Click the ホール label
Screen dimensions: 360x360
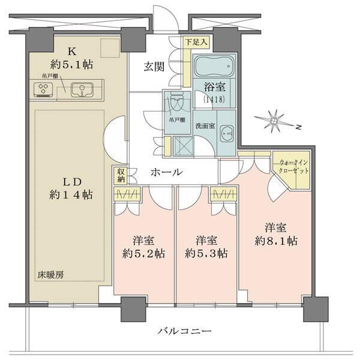pos(166,172)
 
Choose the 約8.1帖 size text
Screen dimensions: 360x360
pos(275,241)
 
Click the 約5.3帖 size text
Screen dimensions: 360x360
pos(206,253)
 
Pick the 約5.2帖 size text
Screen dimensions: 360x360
pos(143,253)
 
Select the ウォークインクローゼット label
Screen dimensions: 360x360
pos(295,167)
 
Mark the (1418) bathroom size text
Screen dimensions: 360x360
pos(214,100)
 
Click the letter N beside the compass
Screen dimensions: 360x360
pos(298,127)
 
